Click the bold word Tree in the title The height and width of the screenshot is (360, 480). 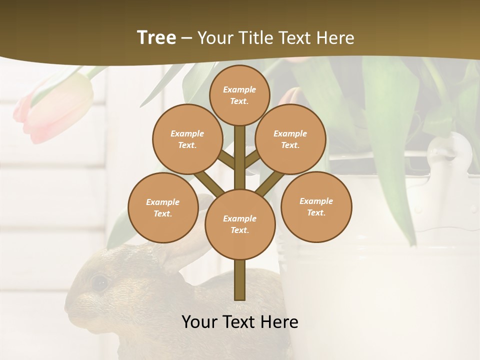point(156,37)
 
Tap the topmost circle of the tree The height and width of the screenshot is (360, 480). point(239,95)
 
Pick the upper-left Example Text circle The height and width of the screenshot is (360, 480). point(187,139)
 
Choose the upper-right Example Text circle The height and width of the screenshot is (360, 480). point(290,139)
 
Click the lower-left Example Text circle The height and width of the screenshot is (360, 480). point(162,207)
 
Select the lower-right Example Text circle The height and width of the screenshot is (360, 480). point(316,206)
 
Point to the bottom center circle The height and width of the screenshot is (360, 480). point(239,224)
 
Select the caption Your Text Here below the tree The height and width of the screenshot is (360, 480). point(239,322)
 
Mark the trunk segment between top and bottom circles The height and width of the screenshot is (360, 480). point(239,157)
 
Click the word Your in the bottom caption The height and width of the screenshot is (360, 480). point(199,322)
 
